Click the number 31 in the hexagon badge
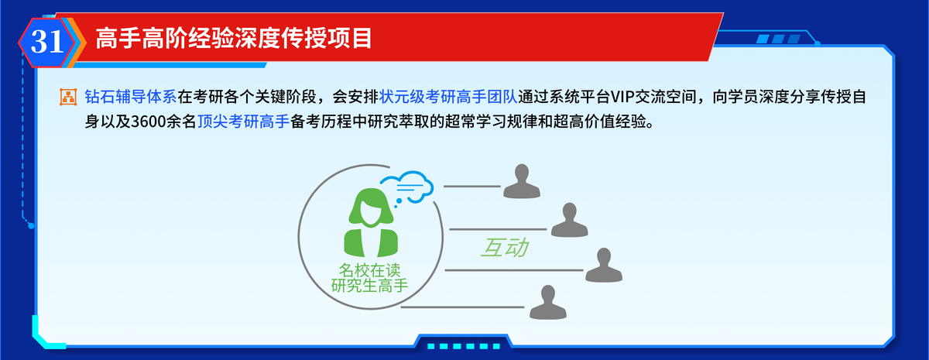[x=47, y=42]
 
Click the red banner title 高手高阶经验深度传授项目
[x=234, y=39]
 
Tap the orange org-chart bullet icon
[x=68, y=97]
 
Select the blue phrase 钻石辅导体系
[x=131, y=97]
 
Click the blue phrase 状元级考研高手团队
[x=448, y=97]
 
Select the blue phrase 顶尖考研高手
[x=243, y=122]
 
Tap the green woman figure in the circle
[x=370, y=222]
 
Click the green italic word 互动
[x=505, y=248]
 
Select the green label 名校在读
[x=370, y=270]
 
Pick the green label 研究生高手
[x=370, y=286]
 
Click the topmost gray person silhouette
[x=522, y=181]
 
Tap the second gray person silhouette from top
[x=570, y=220]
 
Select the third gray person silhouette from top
[x=604, y=265]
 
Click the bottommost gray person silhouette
[x=548, y=302]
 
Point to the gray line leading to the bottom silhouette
[x=462, y=307]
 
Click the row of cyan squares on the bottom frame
[x=464, y=346]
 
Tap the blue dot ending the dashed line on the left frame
[x=31, y=225]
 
